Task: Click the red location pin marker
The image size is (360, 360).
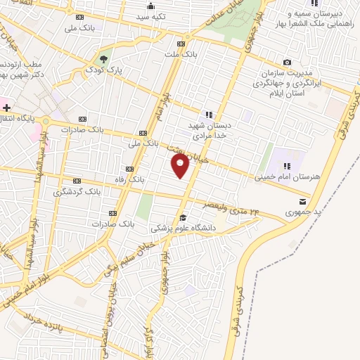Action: click(181, 166)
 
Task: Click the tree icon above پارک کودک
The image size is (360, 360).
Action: click(104, 58)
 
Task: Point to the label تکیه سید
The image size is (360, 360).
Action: click(150, 15)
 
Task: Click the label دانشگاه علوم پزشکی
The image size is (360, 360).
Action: click(182, 229)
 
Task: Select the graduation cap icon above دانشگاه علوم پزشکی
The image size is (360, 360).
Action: click(183, 217)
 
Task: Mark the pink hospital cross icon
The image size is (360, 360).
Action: click(6, 108)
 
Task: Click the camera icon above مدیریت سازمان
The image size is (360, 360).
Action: click(287, 62)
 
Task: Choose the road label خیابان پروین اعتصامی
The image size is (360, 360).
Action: click(111, 302)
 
